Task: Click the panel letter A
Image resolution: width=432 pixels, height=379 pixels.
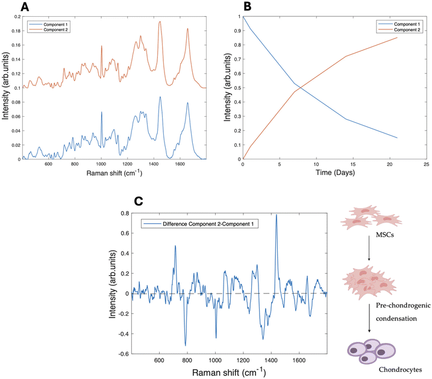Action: click(x=25, y=7)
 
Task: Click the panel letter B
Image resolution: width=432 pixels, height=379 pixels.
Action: click(x=248, y=7)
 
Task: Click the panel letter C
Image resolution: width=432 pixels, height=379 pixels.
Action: click(x=139, y=201)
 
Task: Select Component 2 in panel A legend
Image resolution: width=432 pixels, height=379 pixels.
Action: click(x=55, y=29)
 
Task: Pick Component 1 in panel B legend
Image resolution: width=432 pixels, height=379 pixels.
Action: click(x=407, y=24)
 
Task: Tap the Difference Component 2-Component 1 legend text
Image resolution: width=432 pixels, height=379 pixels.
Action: click(x=208, y=224)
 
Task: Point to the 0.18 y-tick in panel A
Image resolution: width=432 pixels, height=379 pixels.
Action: click(x=16, y=31)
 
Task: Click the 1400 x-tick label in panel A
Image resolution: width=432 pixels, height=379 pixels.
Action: click(x=154, y=164)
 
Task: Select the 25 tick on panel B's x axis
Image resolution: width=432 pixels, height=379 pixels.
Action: click(x=426, y=164)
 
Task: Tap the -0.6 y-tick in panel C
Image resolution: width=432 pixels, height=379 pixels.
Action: click(x=124, y=354)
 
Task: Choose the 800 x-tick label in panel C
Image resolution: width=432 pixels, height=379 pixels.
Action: click(x=187, y=360)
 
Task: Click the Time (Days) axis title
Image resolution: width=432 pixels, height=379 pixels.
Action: click(x=335, y=173)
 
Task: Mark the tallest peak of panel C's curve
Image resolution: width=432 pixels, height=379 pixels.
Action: click(x=277, y=215)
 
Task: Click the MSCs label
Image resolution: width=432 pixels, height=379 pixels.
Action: click(x=384, y=235)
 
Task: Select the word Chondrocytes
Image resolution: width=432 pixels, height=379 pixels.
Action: click(x=400, y=369)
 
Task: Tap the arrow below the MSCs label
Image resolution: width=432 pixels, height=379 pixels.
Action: click(x=369, y=248)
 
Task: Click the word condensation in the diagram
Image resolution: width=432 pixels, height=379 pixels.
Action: click(x=396, y=318)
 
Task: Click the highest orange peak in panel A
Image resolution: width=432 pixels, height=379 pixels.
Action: click(x=160, y=22)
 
